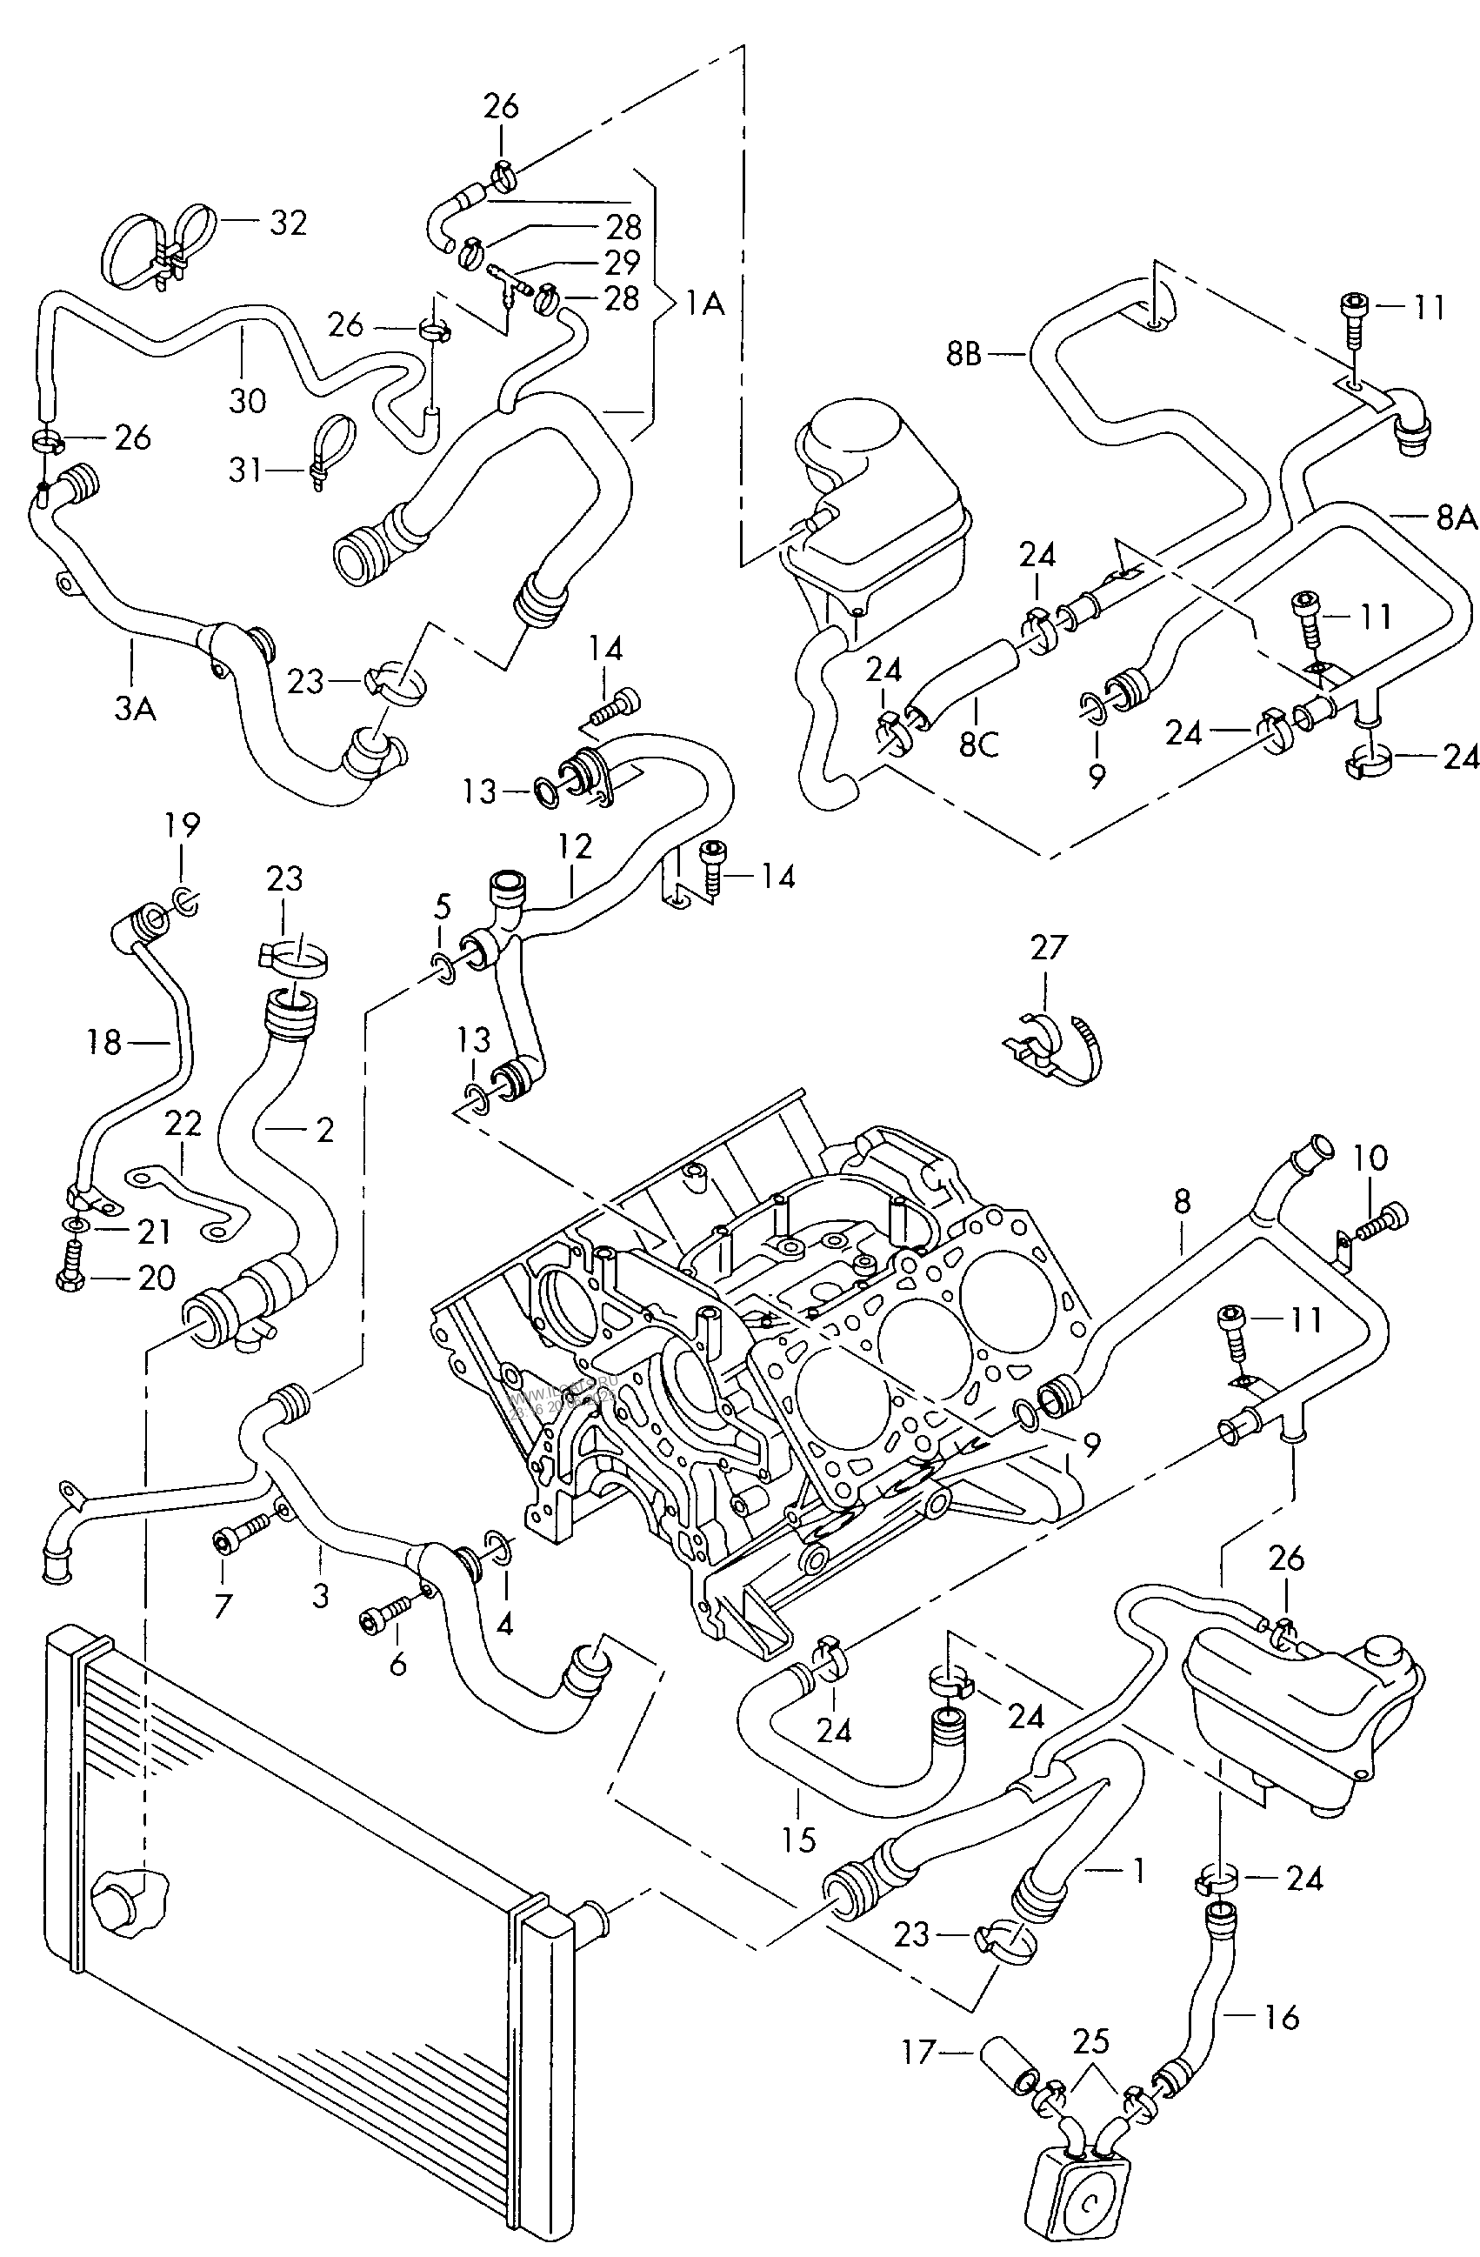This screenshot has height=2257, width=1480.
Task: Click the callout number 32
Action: point(288,223)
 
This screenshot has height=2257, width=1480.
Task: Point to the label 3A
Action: point(135,707)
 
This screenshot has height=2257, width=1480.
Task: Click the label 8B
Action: point(963,354)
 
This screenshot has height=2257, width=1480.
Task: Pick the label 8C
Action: point(978,744)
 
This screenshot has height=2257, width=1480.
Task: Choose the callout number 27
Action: point(1048,947)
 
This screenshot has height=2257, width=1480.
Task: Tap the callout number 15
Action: point(799,1840)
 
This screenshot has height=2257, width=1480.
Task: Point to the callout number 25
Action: point(1091,2039)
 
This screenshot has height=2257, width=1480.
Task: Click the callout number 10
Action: point(1371,1157)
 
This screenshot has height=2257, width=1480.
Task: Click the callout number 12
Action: point(575,846)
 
